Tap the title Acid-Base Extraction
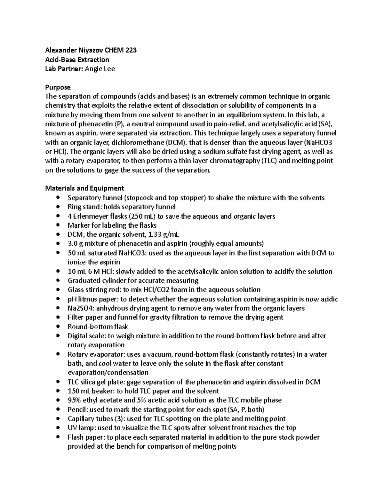(x=77, y=59)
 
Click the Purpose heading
(x=58, y=87)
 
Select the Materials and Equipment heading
(x=84, y=188)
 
